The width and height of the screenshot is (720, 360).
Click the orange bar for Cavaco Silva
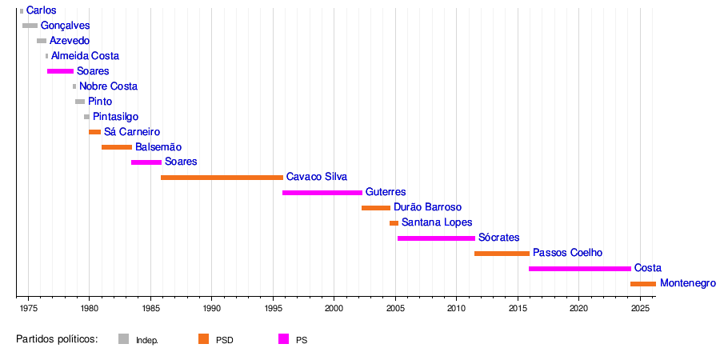[222, 178]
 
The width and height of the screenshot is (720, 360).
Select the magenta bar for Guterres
[322, 193]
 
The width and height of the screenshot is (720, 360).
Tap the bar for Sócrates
[436, 238]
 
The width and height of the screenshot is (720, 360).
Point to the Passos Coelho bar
[502, 254]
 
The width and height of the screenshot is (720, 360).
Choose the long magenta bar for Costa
[579, 269]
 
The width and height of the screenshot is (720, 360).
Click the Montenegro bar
[643, 284]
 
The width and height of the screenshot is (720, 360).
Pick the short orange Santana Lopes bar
[394, 223]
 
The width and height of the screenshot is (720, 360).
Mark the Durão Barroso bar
[376, 208]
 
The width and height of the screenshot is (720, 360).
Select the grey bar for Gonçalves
[30, 26]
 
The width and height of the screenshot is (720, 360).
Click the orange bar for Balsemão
[117, 147]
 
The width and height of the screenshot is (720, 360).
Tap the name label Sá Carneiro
[132, 132]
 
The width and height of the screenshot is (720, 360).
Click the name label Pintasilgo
[115, 117]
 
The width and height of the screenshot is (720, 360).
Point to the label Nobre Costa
[108, 86]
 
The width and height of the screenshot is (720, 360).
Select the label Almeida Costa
[85, 56]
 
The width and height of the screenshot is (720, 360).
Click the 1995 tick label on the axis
[273, 308]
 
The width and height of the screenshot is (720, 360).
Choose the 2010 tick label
[456, 308]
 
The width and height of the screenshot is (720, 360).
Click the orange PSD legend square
[203, 339]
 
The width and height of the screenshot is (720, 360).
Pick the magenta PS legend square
[283, 339]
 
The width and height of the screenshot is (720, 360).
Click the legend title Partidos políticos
[57, 339]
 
